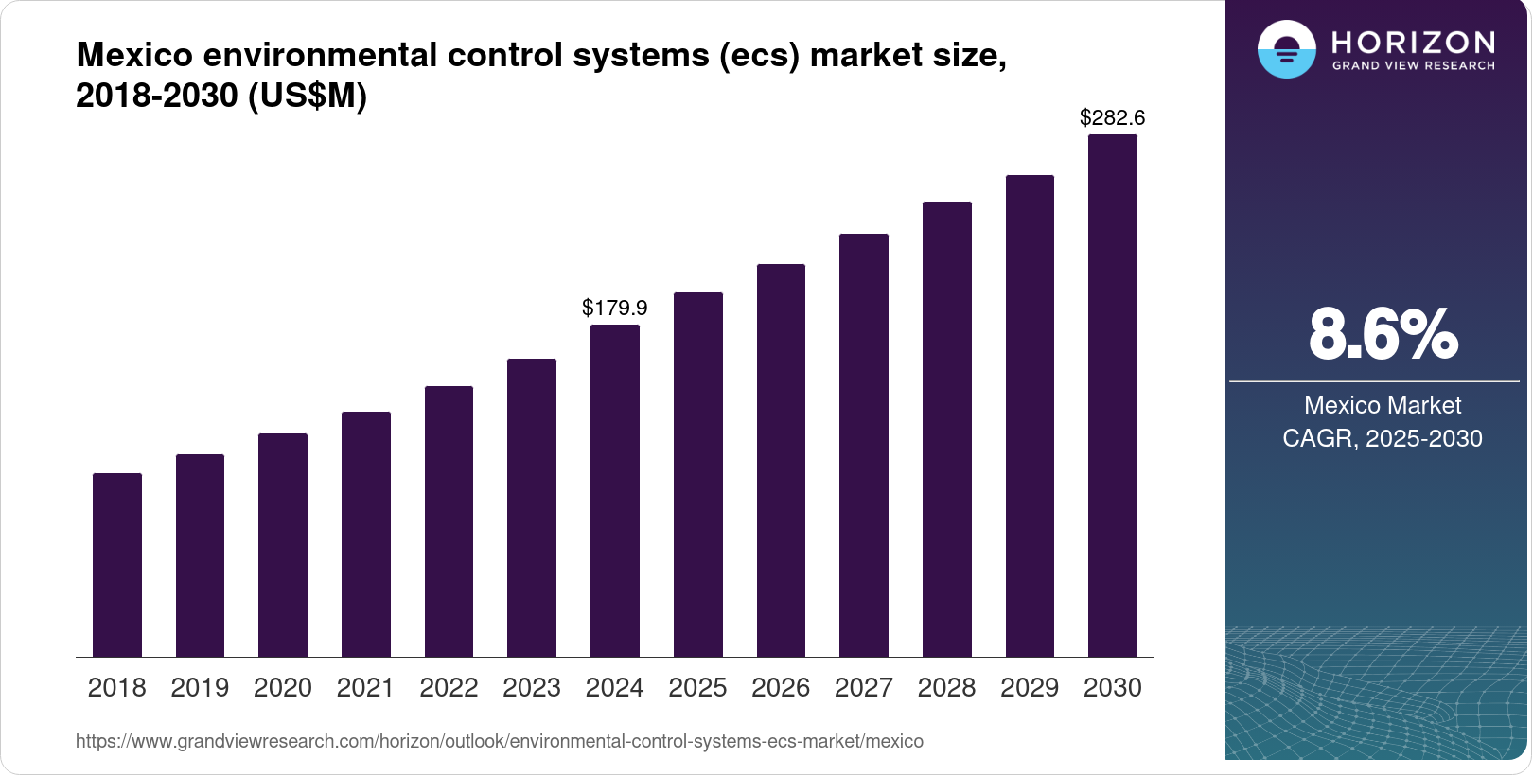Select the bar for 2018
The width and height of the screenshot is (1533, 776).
117,565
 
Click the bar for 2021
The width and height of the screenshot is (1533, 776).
366,534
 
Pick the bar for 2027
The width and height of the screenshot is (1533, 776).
864,445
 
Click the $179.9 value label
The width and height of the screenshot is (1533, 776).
615,308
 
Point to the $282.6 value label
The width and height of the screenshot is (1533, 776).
1113,117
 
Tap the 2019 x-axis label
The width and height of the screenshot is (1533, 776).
200,688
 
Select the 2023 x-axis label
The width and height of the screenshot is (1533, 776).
532,688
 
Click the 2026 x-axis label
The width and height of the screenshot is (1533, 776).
781,688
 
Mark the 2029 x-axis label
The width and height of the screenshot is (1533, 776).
1030,688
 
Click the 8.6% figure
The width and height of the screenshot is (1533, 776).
1383,334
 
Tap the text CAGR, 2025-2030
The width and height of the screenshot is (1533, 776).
1383,438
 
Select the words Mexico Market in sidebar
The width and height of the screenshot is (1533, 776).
1383,405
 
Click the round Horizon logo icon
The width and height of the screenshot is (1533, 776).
1286,49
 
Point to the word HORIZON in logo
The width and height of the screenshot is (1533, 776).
1413,42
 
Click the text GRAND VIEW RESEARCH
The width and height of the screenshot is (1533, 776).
1413,66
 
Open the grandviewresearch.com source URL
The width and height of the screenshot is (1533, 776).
500,741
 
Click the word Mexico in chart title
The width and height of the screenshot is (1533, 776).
134,55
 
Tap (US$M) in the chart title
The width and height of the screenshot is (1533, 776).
308,96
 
